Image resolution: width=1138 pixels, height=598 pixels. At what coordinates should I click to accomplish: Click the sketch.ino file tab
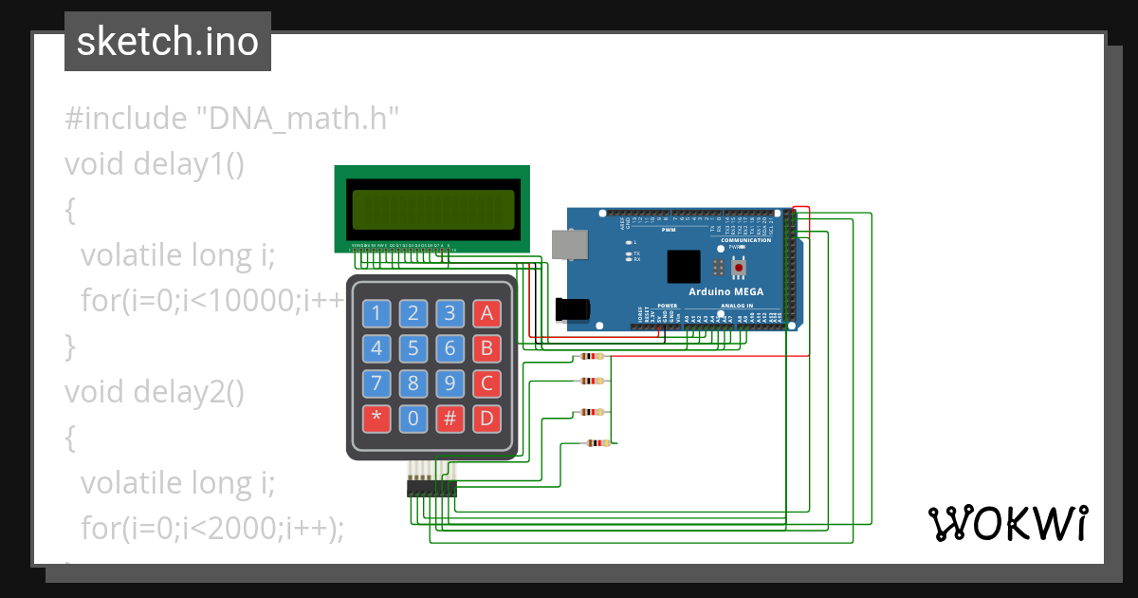pyautogui.click(x=168, y=42)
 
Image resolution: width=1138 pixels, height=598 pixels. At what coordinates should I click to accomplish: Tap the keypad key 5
pyautogui.click(x=413, y=348)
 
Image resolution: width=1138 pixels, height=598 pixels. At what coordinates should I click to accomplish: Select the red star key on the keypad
pyautogui.click(x=377, y=418)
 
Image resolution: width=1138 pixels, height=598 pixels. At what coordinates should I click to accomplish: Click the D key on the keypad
pyautogui.click(x=486, y=418)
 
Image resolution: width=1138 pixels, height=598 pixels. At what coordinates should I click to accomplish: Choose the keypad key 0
pyautogui.click(x=413, y=418)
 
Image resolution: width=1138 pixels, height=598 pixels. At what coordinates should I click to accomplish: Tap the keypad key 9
pyautogui.click(x=450, y=383)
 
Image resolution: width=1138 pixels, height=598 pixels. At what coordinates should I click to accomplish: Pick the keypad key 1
pyautogui.click(x=377, y=313)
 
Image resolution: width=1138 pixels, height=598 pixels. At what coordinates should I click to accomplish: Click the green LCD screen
pyautogui.click(x=431, y=208)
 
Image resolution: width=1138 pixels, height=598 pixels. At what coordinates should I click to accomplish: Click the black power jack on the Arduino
pyautogui.click(x=573, y=308)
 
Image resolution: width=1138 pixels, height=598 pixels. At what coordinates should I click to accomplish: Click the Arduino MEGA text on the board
pyautogui.click(x=726, y=291)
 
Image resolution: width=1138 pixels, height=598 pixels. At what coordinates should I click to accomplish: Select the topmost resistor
pyautogui.click(x=591, y=357)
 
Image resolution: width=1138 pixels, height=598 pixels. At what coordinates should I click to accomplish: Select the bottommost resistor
pyautogui.click(x=597, y=443)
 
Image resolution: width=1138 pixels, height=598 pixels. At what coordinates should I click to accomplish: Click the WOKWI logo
pyautogui.click(x=1007, y=523)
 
